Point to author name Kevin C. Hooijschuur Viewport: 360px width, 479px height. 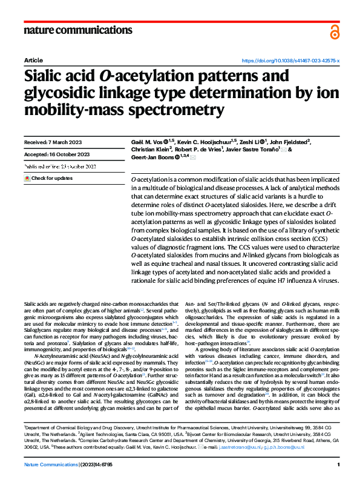pyautogui.click(x=203, y=142)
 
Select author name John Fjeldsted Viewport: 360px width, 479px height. pyautogui.click(x=286, y=142)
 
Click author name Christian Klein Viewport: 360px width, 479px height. pyautogui.click(x=151, y=150)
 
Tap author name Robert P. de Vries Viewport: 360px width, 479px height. pyautogui.click(x=202, y=150)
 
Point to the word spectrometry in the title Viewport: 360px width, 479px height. pyautogui.click(x=155, y=111)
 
